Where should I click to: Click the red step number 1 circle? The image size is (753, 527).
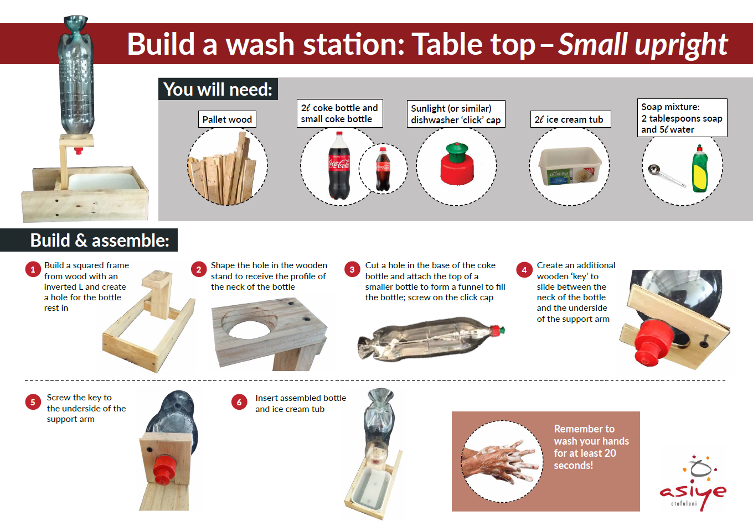pyautogui.click(x=33, y=269)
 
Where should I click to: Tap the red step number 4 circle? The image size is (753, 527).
pyautogui.click(x=524, y=270)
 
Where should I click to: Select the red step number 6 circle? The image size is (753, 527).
pyautogui.click(x=239, y=402)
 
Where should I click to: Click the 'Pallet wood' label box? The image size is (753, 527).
pyautogui.click(x=227, y=119)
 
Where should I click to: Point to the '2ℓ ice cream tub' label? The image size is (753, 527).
pyautogui.click(x=570, y=119)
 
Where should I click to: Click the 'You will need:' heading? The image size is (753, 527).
pyautogui.click(x=218, y=89)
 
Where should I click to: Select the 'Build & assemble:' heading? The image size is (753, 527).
pyautogui.click(x=100, y=240)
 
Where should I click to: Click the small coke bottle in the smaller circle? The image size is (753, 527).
pyautogui.click(x=383, y=169)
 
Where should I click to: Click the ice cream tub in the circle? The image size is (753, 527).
pyautogui.click(x=570, y=166)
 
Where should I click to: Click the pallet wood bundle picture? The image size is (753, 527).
pyautogui.click(x=226, y=169)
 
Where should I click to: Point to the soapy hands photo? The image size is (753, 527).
pyautogui.click(x=502, y=461)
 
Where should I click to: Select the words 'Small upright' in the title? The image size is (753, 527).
pyautogui.click(x=642, y=44)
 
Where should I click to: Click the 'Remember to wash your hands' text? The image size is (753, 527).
pyautogui.click(x=590, y=447)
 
